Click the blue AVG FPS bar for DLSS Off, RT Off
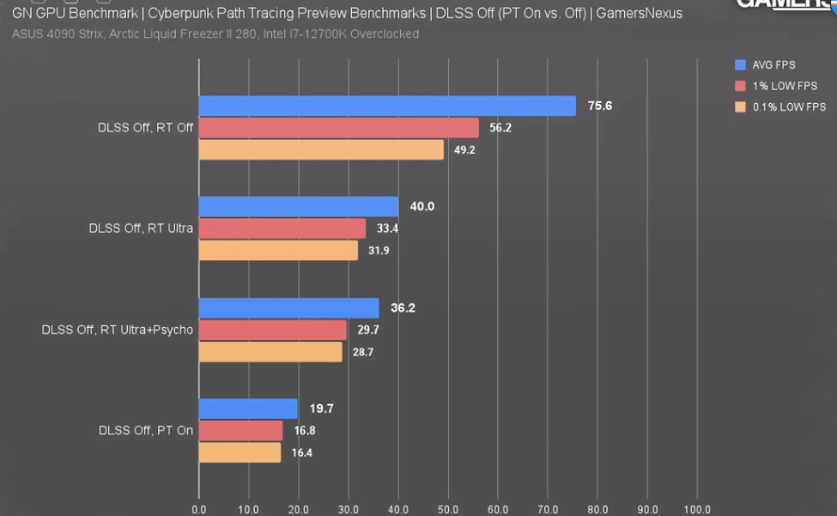387,106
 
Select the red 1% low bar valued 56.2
339,128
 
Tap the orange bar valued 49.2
321,149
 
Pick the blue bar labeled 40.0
299,207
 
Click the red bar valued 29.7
273,330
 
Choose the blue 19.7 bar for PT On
248,409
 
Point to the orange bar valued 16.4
240,452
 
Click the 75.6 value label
599,106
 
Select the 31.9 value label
379,251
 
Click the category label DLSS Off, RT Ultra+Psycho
118,330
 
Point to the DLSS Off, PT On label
146,430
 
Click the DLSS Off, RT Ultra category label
141,228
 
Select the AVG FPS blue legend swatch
739,64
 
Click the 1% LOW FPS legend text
785,86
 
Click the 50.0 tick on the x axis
448,508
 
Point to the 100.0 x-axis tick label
696,508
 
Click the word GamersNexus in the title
640,14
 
